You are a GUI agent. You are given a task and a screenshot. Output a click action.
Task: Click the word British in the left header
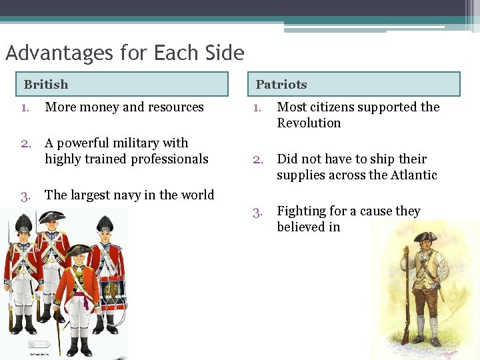pyautogui.click(x=46, y=85)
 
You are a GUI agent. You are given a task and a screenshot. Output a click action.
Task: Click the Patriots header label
pyautogui.click(x=281, y=85)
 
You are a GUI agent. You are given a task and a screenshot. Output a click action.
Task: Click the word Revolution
pyautogui.click(x=309, y=123)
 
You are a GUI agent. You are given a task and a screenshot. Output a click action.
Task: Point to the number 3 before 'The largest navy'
pyautogui.click(x=25, y=195)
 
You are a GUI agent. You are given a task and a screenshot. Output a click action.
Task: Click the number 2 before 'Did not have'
pyautogui.click(x=257, y=159)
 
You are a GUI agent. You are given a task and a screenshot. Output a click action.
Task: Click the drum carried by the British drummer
pyautogui.click(x=112, y=293)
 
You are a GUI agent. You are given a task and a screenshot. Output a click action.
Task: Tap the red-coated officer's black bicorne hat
pyautogui.click(x=78, y=251)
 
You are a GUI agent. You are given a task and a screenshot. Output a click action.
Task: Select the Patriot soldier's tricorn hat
pyautogui.click(x=425, y=237)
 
